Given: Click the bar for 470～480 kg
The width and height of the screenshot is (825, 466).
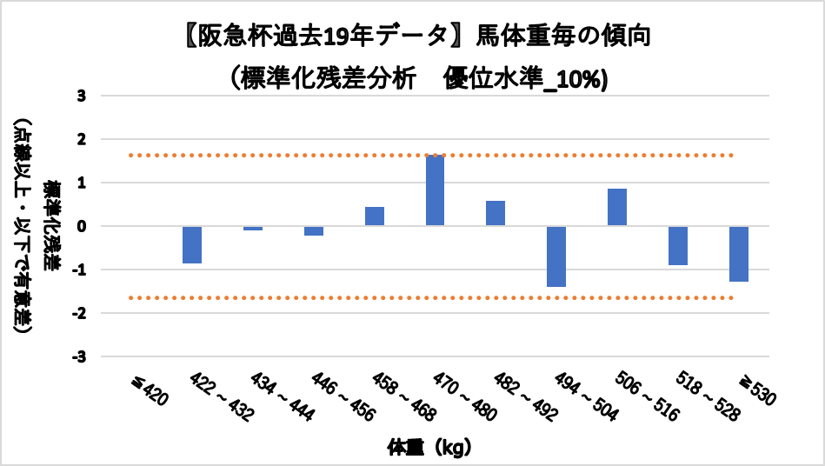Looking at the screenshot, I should (435, 190).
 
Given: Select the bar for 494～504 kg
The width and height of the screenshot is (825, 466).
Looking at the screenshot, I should (556, 256).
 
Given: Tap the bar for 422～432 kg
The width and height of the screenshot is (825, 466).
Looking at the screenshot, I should (192, 244).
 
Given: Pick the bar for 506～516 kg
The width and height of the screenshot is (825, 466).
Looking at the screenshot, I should (617, 207).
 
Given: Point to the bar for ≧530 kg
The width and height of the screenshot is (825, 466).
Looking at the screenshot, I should (739, 253).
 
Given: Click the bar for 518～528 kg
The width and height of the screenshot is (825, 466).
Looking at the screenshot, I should (678, 245).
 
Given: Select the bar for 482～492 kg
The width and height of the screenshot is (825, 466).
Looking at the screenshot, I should (496, 213).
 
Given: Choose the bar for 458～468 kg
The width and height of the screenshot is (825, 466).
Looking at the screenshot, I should (375, 216).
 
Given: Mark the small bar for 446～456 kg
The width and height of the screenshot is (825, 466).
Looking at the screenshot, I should (314, 230).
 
